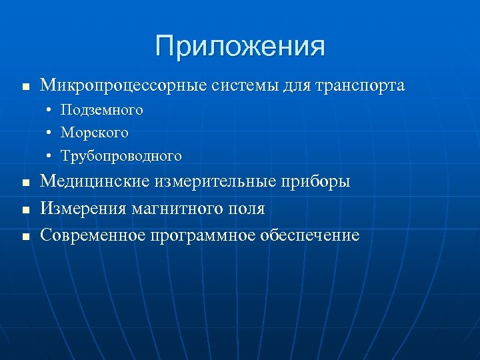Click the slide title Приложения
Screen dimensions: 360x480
click(x=240, y=46)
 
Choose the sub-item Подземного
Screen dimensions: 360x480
click(x=101, y=110)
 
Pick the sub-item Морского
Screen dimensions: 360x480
click(x=94, y=133)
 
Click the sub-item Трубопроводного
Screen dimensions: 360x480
click(x=121, y=156)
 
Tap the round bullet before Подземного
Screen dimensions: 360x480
click(x=50, y=110)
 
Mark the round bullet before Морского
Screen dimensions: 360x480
click(x=50, y=133)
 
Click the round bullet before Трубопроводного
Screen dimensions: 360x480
click(x=50, y=156)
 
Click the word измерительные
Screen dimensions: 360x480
click(x=207, y=182)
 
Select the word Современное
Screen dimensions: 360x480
click(x=93, y=235)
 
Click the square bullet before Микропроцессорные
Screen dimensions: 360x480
click(x=25, y=87)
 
